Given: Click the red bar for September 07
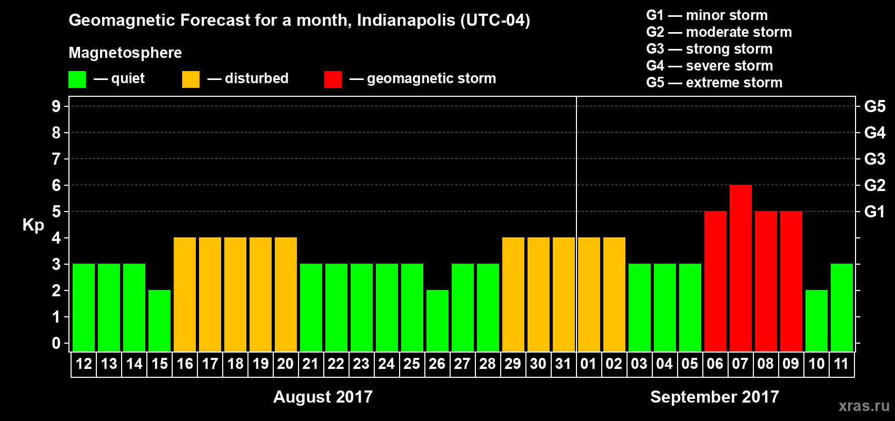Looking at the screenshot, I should pyautogui.click(x=740, y=268).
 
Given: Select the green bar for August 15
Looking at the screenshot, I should pyautogui.click(x=160, y=320).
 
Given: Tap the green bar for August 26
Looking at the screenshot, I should pyautogui.click(x=437, y=320).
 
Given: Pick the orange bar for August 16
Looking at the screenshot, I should pyautogui.click(x=185, y=294).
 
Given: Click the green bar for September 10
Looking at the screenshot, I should pyautogui.click(x=817, y=320).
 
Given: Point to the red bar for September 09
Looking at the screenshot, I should pyautogui.click(x=791, y=281).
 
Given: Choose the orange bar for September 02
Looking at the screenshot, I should pyautogui.click(x=614, y=294).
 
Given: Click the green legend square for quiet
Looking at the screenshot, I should pyautogui.click(x=77, y=79).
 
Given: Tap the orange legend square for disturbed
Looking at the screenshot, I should pyautogui.click(x=191, y=79).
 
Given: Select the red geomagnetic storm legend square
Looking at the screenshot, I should pyautogui.click(x=333, y=79).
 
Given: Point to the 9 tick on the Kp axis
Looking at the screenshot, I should pyautogui.click(x=56, y=106).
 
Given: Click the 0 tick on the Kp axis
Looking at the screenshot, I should pyautogui.click(x=56, y=344).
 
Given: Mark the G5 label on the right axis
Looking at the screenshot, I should pyautogui.click(x=874, y=106).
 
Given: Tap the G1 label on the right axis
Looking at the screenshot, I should pyautogui.click(x=874, y=212).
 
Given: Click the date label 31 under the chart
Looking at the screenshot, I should pyautogui.click(x=563, y=364).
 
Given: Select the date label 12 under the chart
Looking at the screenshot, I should pyautogui.click(x=84, y=364).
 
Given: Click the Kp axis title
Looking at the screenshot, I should pyautogui.click(x=33, y=225).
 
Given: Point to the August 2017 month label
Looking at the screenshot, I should pyautogui.click(x=323, y=397).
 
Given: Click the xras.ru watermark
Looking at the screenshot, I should pyautogui.click(x=864, y=406).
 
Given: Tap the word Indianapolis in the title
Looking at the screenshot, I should pyautogui.click(x=405, y=21).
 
